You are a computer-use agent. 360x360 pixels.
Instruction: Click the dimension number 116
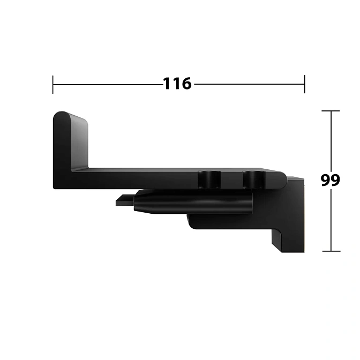pyautogui.click(x=177, y=84)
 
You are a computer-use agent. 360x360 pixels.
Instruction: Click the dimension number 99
pyautogui.click(x=330, y=180)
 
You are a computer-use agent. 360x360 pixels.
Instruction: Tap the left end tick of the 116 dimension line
pyautogui.click(x=53, y=85)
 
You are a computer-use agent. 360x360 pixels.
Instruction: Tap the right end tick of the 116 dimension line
pyautogui.click(x=305, y=84)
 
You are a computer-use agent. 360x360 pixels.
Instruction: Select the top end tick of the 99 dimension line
pyautogui.click(x=331, y=111)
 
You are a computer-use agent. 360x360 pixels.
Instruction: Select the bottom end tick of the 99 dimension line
pyautogui.click(x=331, y=251)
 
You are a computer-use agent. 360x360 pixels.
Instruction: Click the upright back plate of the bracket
pyautogui.click(x=70, y=142)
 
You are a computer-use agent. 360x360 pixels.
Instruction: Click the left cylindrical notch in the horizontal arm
pyautogui.click(x=209, y=179)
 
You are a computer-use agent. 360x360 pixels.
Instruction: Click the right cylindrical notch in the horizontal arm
pyautogui.click(x=254, y=179)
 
